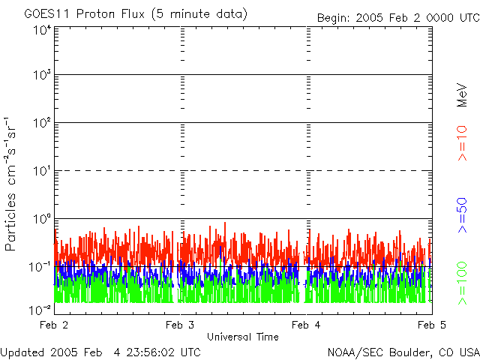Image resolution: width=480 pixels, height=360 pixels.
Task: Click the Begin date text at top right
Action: click(x=397, y=18)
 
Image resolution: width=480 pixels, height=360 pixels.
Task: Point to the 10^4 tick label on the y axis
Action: click(x=41, y=31)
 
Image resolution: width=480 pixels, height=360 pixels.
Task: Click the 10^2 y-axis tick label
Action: click(x=41, y=124)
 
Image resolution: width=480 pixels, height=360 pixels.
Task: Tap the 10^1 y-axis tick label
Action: click(x=41, y=171)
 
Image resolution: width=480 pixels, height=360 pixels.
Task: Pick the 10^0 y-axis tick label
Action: click(x=41, y=219)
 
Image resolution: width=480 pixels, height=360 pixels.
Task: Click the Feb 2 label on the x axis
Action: click(x=54, y=325)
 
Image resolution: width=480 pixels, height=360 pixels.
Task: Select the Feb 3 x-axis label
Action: click(x=180, y=325)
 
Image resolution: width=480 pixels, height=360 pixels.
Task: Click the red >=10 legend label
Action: click(x=463, y=142)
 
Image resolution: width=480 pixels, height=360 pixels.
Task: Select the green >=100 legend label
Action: click(x=463, y=283)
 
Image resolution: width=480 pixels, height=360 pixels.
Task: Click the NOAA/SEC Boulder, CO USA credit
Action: click(x=403, y=352)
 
